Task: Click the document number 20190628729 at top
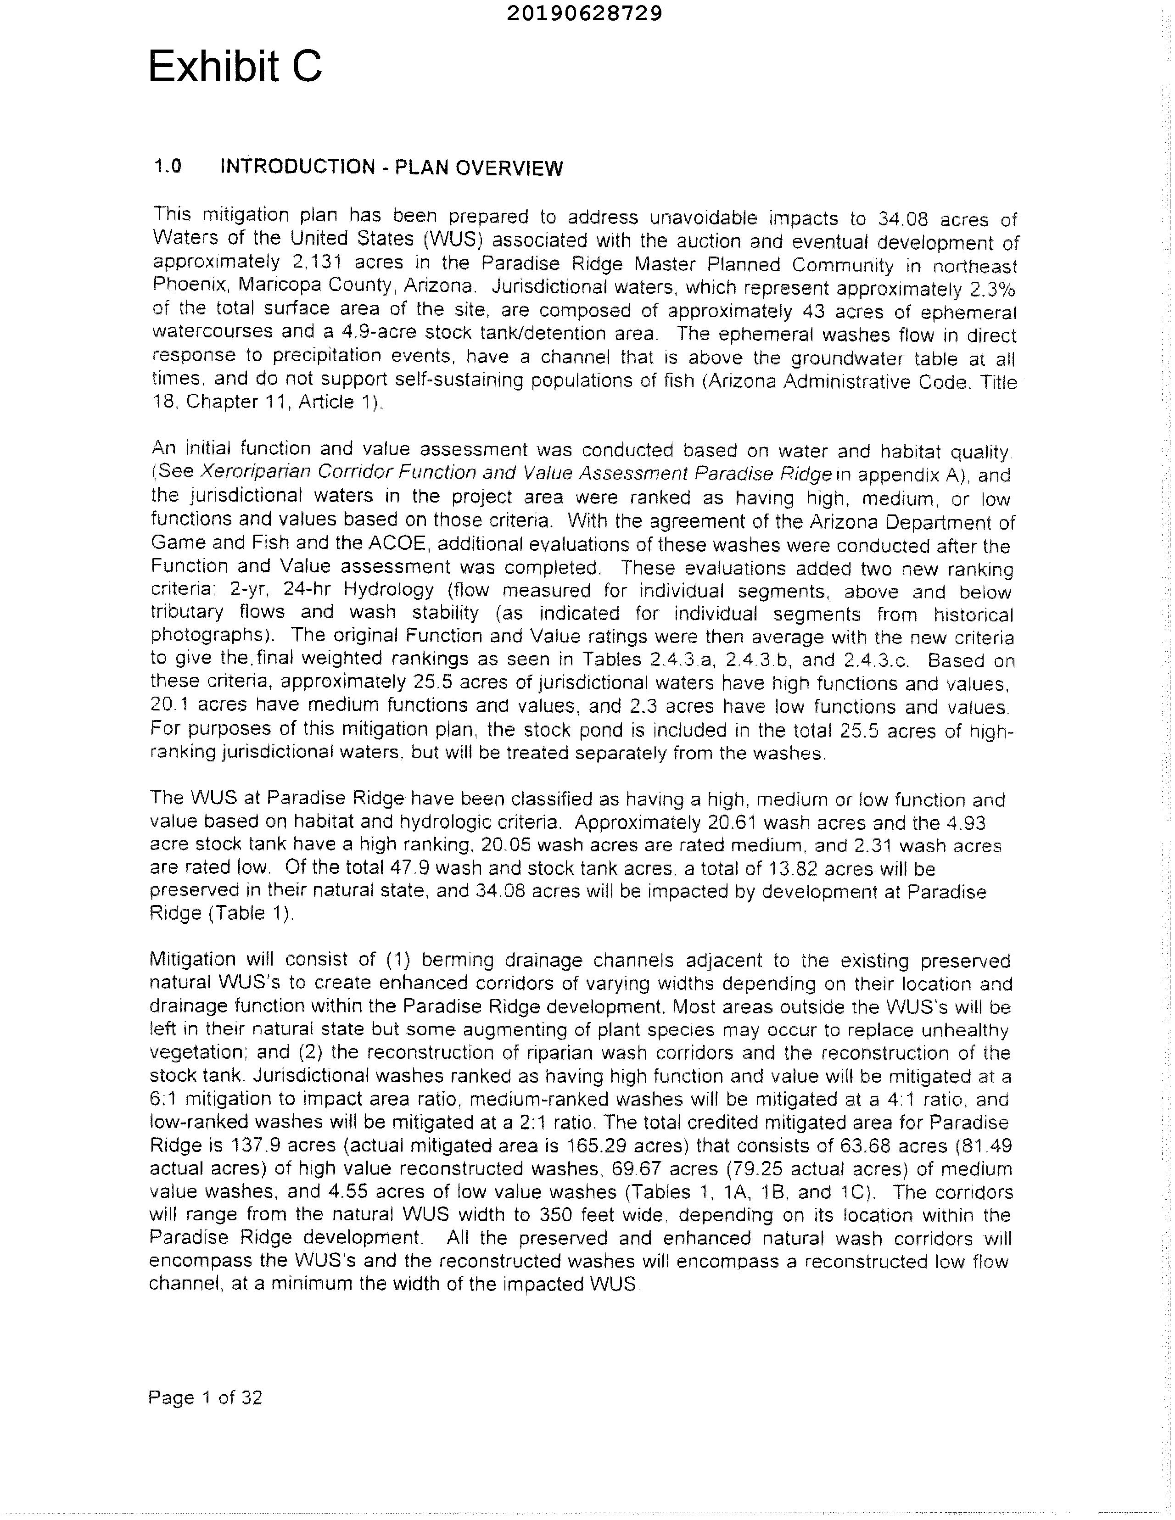coord(585,13)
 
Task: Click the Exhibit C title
coord(235,67)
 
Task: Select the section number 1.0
coord(167,166)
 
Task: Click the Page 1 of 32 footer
coord(205,1397)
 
